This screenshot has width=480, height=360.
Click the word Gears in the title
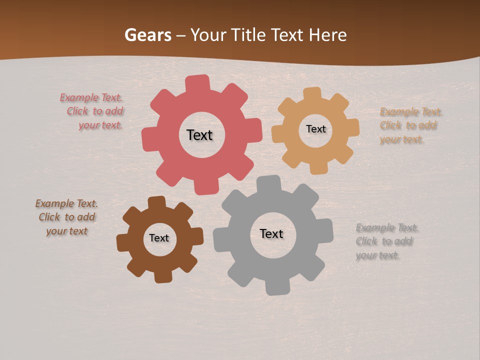pos(147,35)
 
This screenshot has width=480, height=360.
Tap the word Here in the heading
pos(328,35)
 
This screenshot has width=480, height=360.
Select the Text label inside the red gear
pos(199,135)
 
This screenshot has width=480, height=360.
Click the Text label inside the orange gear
pos(315,129)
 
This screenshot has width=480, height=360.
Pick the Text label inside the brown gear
pos(159,238)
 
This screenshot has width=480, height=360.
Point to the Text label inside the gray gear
pos(271,233)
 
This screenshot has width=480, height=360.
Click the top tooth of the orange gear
pos(312,93)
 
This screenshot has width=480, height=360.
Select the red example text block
pos(95,111)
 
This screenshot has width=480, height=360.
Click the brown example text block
pos(66,217)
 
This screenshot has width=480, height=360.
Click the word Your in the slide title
pos(209,35)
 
